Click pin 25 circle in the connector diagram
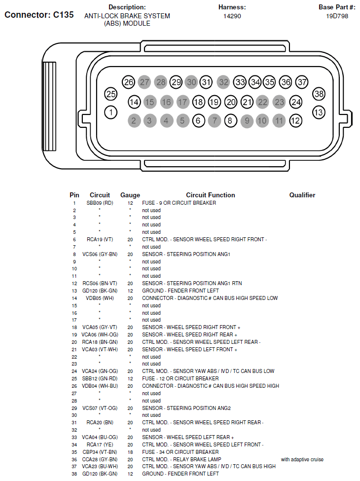click(111, 94)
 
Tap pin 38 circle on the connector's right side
click(319, 94)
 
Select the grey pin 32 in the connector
click(223, 82)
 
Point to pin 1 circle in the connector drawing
click(111, 112)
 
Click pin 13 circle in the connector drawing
click(319, 112)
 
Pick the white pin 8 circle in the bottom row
click(230, 120)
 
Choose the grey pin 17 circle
click(182, 102)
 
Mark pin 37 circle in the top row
click(302, 82)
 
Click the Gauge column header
click(130, 195)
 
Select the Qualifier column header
click(302, 195)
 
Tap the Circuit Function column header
click(210, 195)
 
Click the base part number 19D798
click(337, 16)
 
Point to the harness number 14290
click(232, 16)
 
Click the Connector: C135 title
click(39, 15)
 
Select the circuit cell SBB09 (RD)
click(100, 203)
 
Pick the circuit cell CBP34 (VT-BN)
click(100, 452)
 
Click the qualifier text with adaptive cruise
click(302, 459)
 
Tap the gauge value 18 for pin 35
click(130, 452)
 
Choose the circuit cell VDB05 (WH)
click(100, 298)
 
